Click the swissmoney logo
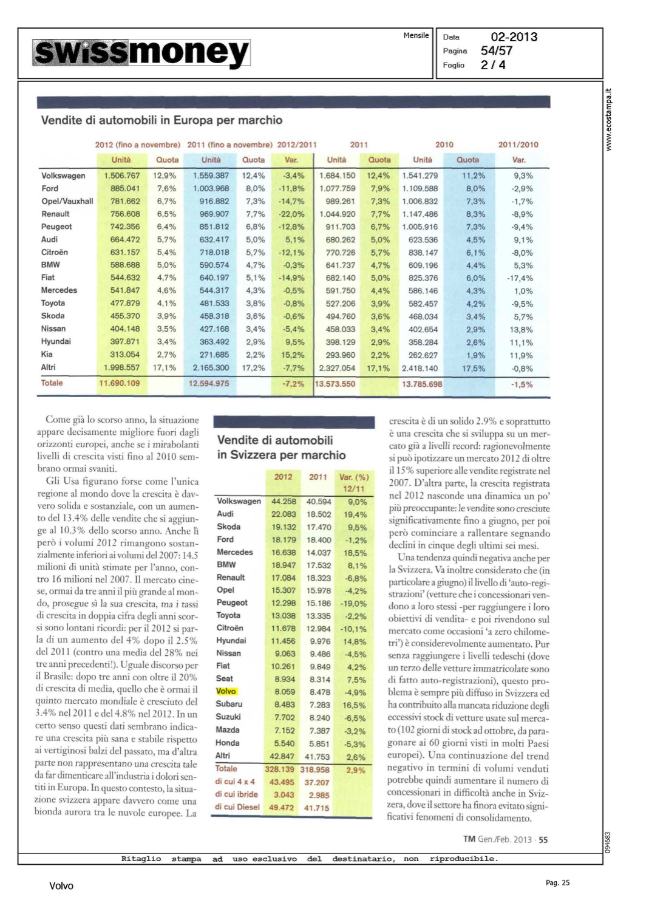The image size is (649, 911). [x=141, y=53]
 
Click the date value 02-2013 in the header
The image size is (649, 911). [x=514, y=37]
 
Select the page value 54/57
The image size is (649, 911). [x=496, y=51]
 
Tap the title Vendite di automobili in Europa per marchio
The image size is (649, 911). [x=161, y=120]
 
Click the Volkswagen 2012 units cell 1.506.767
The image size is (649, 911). [x=121, y=176]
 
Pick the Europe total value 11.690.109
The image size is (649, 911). [x=119, y=383]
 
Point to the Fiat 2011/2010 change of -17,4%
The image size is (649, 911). [x=520, y=278]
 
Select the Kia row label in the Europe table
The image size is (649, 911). [x=47, y=354]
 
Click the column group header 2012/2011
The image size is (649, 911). [x=297, y=145]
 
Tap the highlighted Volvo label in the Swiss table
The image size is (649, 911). [x=226, y=691]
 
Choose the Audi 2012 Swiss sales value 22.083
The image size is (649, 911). [x=284, y=514]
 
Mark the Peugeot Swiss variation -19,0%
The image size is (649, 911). [x=353, y=604]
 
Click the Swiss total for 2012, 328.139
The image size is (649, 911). [x=279, y=769]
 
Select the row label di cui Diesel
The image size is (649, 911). [x=237, y=807]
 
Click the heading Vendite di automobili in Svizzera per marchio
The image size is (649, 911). [x=281, y=448]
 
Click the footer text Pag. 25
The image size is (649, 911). [x=557, y=883]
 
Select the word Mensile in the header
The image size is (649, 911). [x=416, y=35]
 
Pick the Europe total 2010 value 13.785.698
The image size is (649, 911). [x=421, y=384]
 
